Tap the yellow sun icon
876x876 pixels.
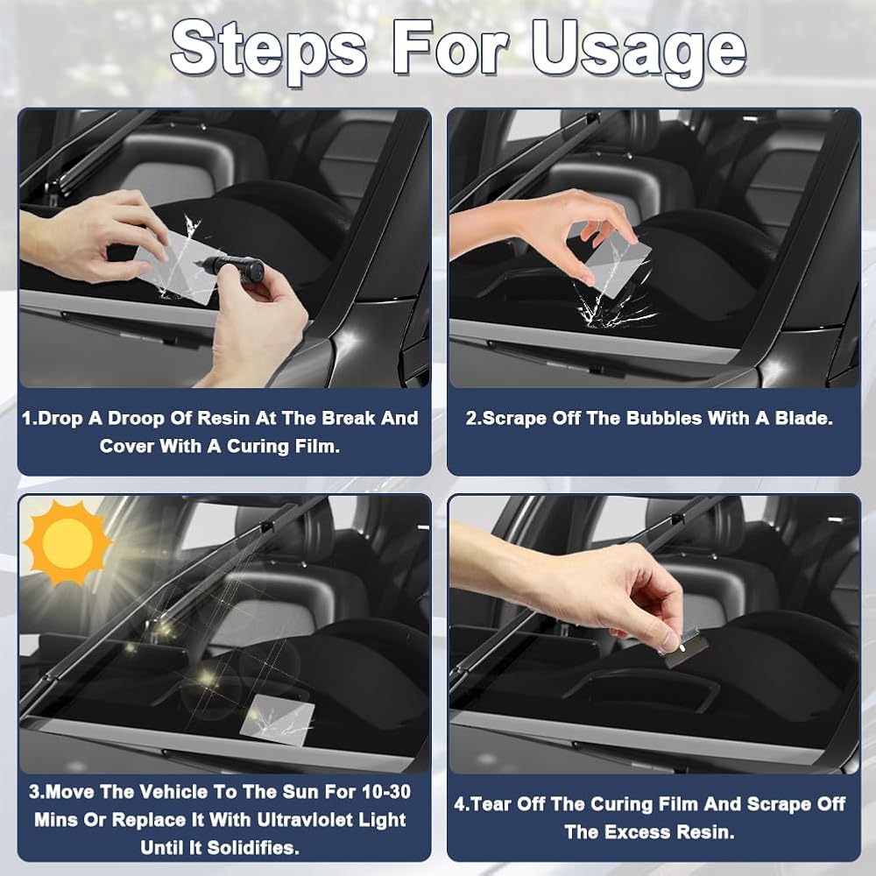pos(67,542)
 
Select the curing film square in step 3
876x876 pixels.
pos(277,720)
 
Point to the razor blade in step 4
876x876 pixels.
pos(686,648)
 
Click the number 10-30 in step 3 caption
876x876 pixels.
pos(386,792)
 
